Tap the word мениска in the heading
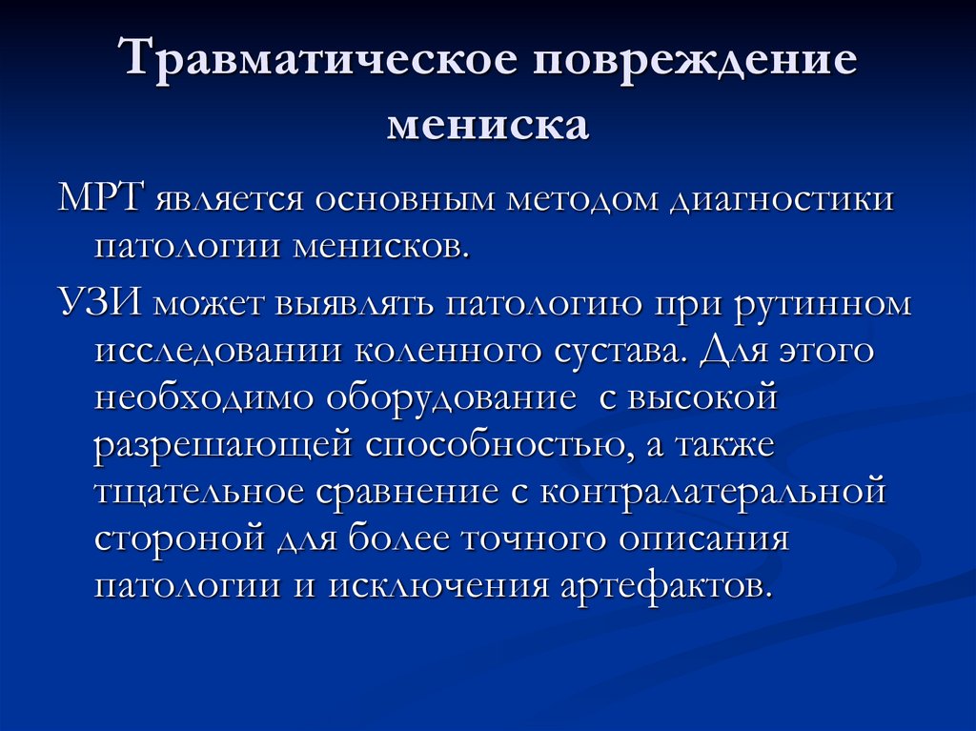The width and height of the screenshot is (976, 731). pyautogui.click(x=487, y=124)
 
